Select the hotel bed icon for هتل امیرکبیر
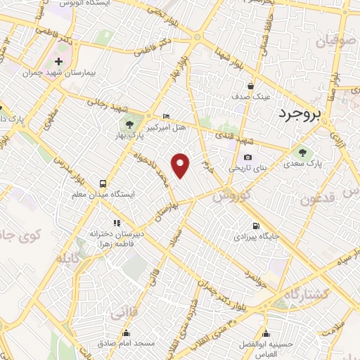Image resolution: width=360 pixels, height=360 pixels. (x=166, y=116)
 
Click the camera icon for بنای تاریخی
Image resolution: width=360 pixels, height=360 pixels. (x=247, y=157)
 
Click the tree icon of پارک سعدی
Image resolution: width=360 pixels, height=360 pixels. (x=303, y=152)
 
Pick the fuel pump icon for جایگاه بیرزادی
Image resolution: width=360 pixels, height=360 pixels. (x=255, y=226)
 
